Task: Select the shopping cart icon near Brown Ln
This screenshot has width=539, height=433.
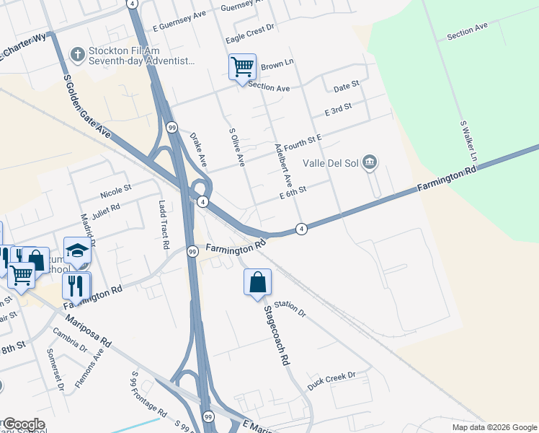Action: [242, 67]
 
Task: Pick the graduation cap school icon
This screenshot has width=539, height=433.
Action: [77, 250]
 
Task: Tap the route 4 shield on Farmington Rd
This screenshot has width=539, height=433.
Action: [301, 229]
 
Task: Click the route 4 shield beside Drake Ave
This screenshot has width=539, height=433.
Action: [203, 201]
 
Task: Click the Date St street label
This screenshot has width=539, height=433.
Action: [346, 88]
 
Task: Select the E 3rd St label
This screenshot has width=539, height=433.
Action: [337, 110]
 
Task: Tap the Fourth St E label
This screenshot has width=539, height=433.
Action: [301, 143]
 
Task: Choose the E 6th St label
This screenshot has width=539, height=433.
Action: [293, 192]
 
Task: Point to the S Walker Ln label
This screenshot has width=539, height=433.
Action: [469, 141]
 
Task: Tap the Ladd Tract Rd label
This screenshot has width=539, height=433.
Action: [163, 224]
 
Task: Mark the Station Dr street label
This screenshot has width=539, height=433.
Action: [290, 309]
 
